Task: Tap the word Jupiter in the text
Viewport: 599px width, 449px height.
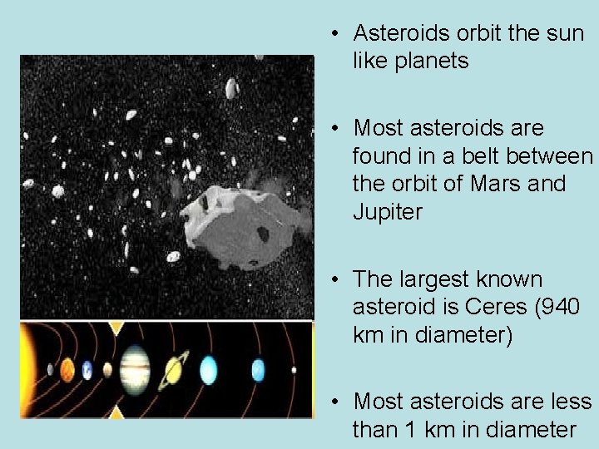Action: (x=388, y=211)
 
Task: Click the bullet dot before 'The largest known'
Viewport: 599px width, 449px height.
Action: (x=332, y=279)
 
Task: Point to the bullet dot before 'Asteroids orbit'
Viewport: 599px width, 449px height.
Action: (x=332, y=33)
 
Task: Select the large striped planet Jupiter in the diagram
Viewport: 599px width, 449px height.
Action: (x=135, y=367)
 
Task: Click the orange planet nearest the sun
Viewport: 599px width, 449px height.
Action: (x=67, y=368)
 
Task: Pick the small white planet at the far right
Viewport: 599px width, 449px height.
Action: (x=293, y=369)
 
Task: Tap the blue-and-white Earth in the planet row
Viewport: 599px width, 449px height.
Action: (x=87, y=369)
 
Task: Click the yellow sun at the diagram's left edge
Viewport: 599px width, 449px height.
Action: (x=27, y=368)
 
